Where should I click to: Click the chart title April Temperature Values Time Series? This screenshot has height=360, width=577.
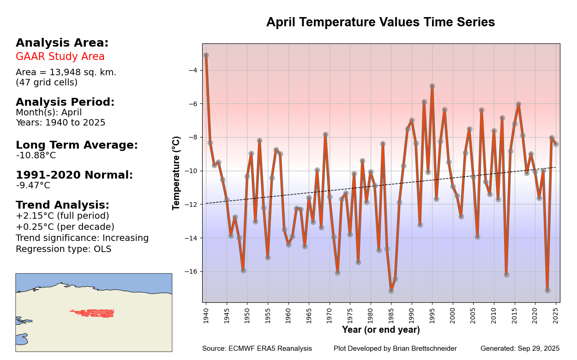(x=380, y=22)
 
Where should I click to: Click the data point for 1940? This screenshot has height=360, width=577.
(x=206, y=55)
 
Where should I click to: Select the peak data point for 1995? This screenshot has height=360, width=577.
(x=432, y=86)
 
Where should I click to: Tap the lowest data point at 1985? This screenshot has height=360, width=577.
(x=391, y=291)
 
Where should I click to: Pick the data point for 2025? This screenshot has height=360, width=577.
(x=556, y=144)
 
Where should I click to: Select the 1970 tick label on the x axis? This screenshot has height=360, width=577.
(x=330, y=316)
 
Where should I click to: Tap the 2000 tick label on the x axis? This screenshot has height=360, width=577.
(x=453, y=316)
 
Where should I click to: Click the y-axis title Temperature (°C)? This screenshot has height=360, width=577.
(x=176, y=173)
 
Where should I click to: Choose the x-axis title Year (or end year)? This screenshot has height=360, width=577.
(x=381, y=330)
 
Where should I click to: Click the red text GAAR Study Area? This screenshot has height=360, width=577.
(x=60, y=57)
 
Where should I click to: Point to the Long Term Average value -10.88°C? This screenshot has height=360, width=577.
(x=36, y=156)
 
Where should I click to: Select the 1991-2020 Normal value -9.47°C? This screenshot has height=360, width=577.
(x=33, y=186)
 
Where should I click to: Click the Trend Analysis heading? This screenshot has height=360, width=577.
(x=62, y=205)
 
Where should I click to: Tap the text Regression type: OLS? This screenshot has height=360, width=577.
(x=63, y=249)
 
